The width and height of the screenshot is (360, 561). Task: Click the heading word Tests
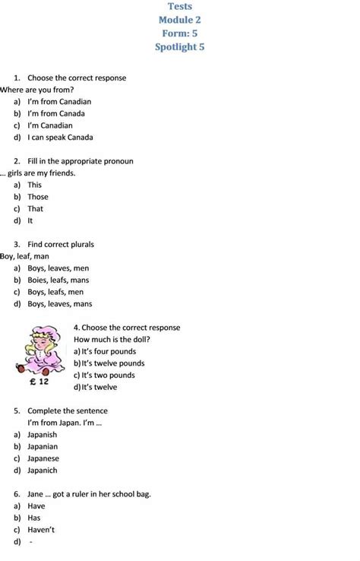click(181, 6)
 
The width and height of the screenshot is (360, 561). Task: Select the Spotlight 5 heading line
click(181, 47)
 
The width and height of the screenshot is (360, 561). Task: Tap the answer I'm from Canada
click(56, 113)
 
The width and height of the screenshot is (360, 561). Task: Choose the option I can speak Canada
click(60, 138)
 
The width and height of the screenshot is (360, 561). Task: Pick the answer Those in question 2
click(38, 197)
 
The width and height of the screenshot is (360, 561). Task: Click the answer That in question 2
click(36, 208)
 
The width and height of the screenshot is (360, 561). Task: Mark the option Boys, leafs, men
click(55, 291)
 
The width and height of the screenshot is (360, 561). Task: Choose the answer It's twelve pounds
click(113, 363)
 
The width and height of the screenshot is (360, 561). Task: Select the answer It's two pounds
click(108, 375)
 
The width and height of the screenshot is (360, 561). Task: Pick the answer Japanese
click(43, 458)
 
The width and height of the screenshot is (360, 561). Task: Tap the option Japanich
click(43, 471)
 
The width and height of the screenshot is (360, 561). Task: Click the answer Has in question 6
click(35, 518)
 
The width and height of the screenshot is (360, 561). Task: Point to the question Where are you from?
click(37, 90)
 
